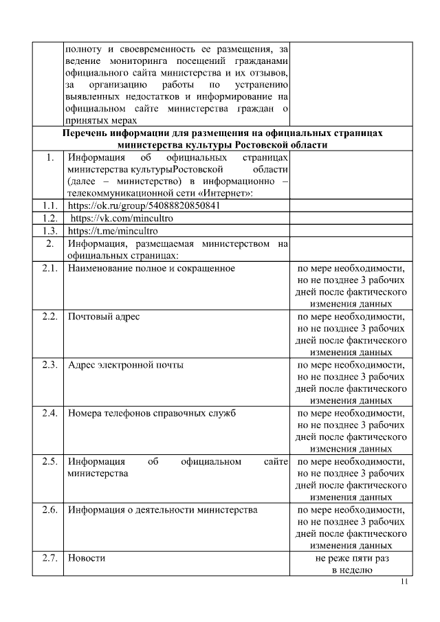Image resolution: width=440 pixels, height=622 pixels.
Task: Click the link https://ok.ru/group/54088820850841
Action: pyautogui.click(x=144, y=206)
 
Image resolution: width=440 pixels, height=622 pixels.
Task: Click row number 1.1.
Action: pyautogui.click(x=48, y=206)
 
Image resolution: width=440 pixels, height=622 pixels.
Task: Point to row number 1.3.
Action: pyautogui.click(x=48, y=231)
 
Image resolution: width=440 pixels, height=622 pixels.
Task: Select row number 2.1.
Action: pyautogui.click(x=48, y=268)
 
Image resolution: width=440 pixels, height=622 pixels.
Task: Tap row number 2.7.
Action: pyautogui.click(x=48, y=558)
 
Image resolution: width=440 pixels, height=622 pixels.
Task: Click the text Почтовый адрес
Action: pyautogui.click(x=104, y=316)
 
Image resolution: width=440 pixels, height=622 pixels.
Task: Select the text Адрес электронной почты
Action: pyautogui.click(x=125, y=364)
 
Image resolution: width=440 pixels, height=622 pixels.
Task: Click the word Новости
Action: pyautogui.click(x=87, y=558)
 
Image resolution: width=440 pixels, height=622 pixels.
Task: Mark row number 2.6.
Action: pyautogui.click(x=48, y=510)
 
